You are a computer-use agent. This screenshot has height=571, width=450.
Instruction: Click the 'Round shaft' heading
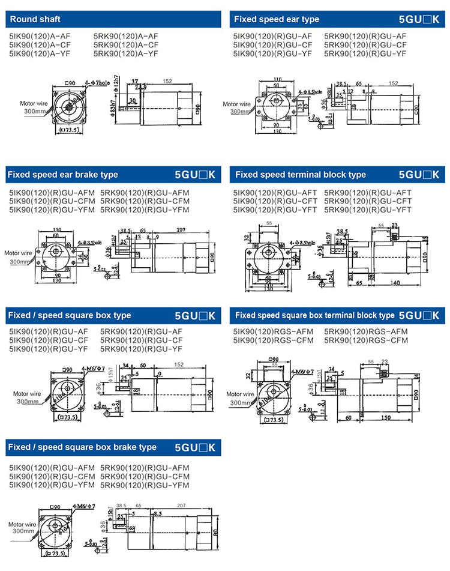pos(35,19)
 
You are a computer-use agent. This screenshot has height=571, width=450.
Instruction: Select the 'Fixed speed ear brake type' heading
pos(62,175)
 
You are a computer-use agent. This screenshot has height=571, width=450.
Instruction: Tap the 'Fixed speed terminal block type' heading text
pos(300,175)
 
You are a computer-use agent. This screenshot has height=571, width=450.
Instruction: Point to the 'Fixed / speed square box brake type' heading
pos(82,447)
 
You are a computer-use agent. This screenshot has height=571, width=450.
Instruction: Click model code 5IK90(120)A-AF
pos(34,37)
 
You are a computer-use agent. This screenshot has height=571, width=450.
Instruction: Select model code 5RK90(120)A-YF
pos(126,53)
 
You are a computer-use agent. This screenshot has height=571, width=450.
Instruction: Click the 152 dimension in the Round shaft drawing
pos(167,81)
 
